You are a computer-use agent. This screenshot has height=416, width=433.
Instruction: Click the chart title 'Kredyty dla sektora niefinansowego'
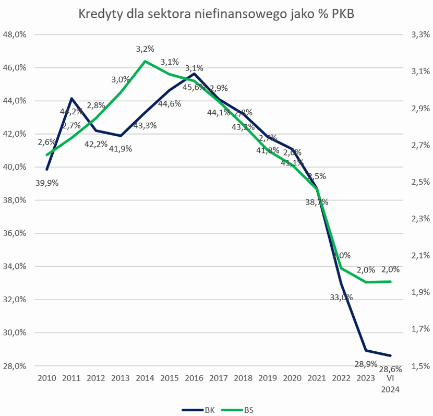215,14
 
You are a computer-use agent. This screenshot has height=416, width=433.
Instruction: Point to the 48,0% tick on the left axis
16,35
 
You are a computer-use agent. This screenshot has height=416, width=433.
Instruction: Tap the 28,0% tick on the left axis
16,366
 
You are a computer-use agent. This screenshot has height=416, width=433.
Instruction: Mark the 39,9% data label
47,183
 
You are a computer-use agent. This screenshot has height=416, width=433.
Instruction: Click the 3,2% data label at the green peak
145,49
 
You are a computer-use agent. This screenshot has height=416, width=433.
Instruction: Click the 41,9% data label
121,148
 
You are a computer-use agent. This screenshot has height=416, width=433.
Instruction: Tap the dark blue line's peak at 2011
71,98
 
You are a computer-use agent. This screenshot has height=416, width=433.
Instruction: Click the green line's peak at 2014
145,61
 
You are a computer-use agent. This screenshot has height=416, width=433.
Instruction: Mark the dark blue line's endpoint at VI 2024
390,356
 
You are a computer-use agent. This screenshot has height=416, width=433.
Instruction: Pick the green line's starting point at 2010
47,155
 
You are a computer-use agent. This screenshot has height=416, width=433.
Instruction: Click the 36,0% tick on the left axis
16,233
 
